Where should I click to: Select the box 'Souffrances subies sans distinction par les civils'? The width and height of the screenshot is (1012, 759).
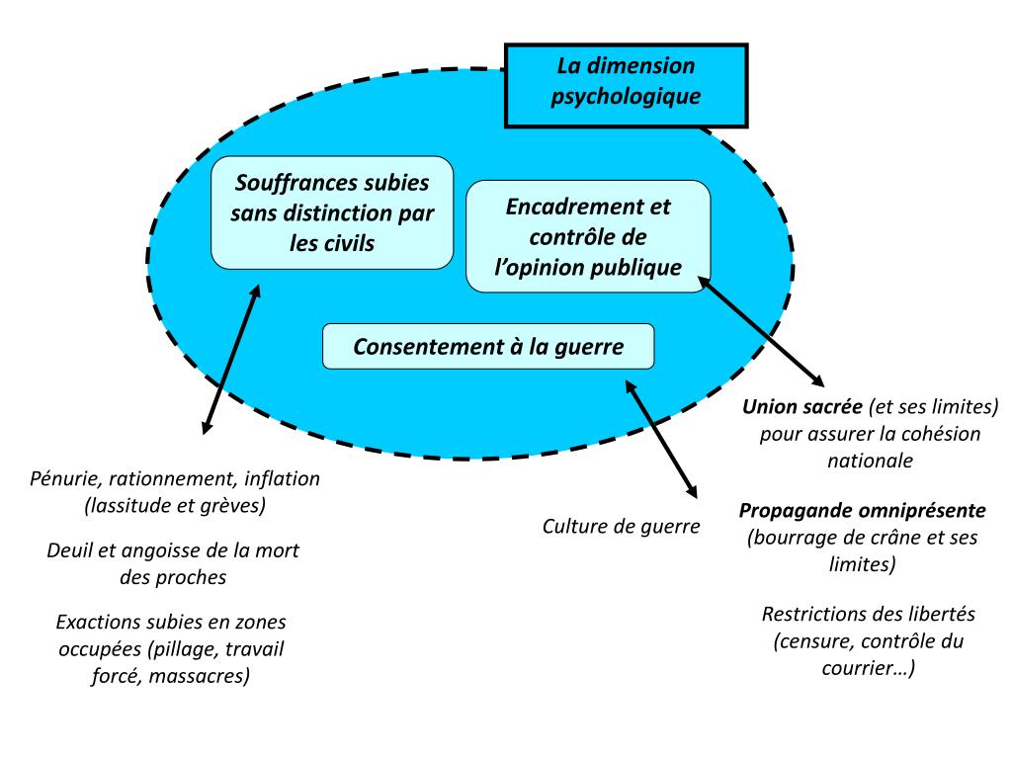(332, 212)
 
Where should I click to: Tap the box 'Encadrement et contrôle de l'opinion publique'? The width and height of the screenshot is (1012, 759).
(588, 237)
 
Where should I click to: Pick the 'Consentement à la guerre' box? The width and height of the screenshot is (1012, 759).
(488, 347)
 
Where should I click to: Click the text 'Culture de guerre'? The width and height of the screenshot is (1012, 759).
(621, 526)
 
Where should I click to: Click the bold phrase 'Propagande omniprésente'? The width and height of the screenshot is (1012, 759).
(862, 512)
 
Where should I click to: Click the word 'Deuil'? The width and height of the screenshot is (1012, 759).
(71, 550)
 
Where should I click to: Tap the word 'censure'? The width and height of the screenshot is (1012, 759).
(812, 641)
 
